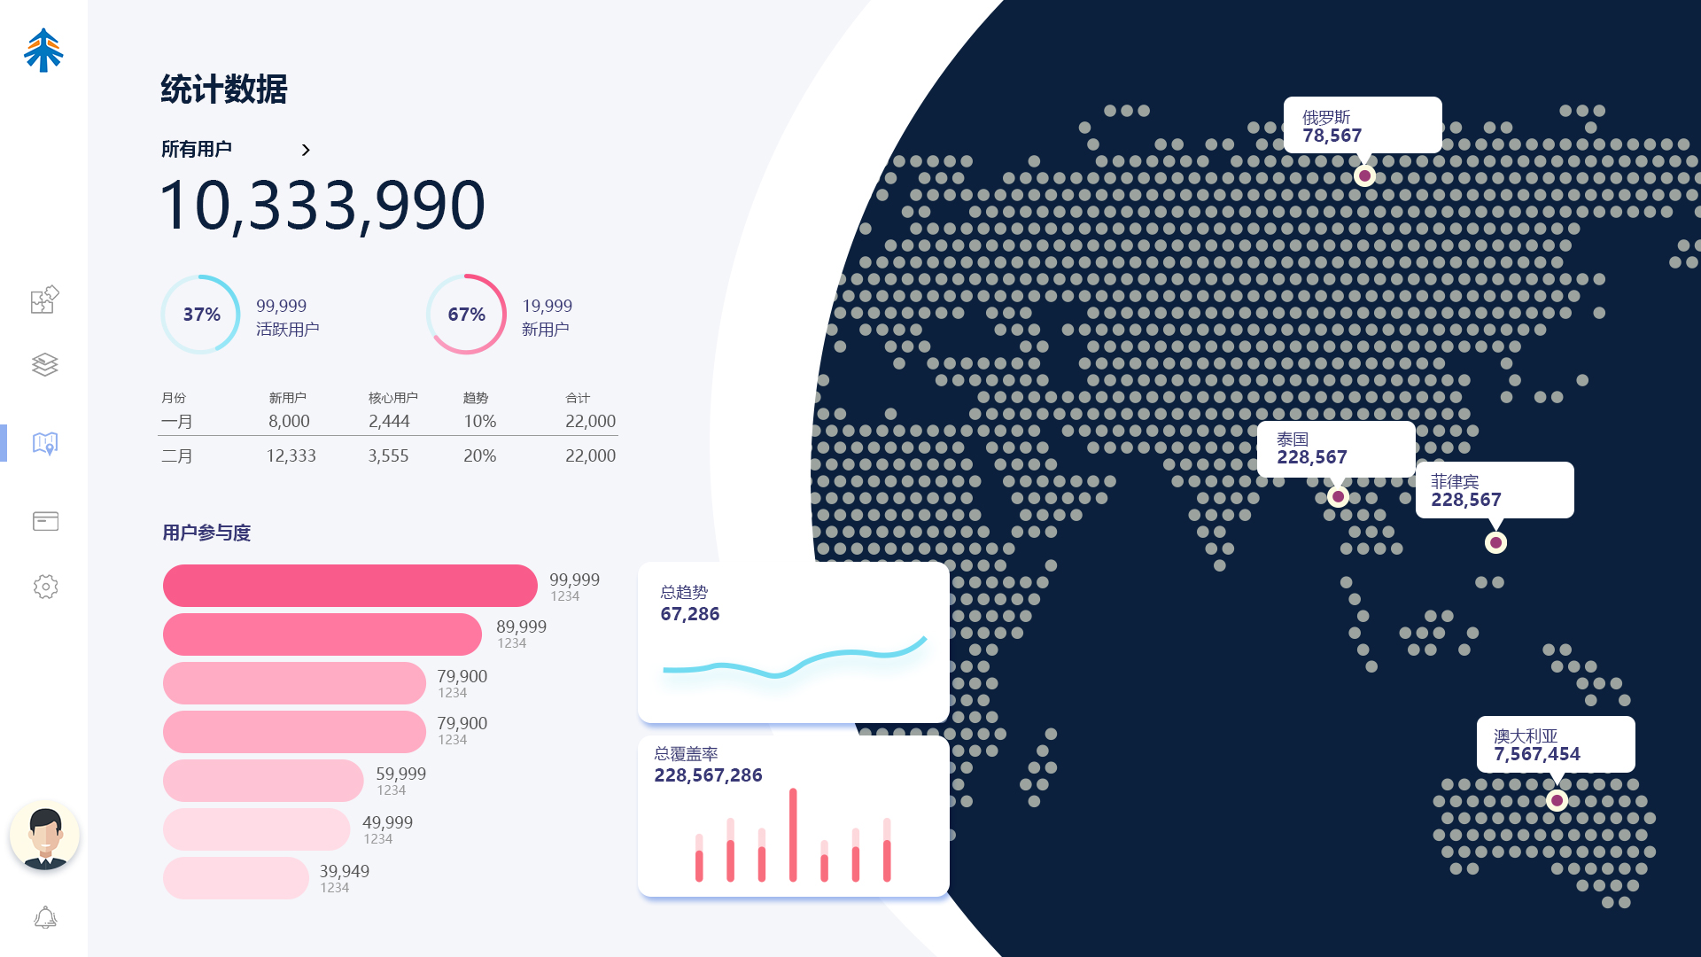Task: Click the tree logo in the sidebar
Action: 43,50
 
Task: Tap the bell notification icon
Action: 45,917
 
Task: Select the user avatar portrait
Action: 44,836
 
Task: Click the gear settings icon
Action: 45,587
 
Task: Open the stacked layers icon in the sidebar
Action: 45,364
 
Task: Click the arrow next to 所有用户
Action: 306,150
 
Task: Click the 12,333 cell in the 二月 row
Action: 291,456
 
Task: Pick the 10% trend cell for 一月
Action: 480,422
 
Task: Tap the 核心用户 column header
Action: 393,398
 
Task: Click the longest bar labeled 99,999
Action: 350,586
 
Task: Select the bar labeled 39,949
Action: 236,878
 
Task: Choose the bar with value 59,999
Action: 263,781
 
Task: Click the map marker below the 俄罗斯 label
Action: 1364,175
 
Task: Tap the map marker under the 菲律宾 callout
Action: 1495,542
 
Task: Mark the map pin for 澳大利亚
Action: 1557,800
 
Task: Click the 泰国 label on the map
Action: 1293,440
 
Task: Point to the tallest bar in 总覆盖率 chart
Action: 793,835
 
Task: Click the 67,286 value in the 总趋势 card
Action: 690,614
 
